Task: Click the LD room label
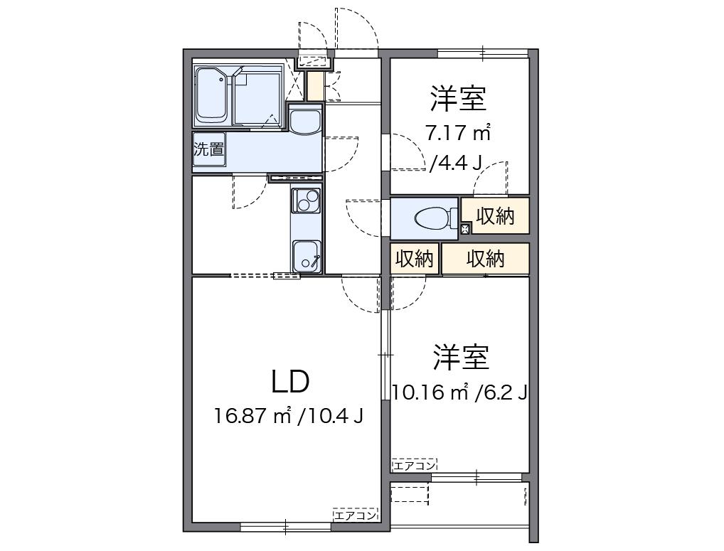tap(290, 382)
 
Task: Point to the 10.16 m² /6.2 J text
tap(459, 392)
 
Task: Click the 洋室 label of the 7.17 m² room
tap(458, 100)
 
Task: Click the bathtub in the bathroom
tap(211, 95)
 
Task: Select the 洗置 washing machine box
tap(209, 150)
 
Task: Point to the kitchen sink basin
tap(307, 254)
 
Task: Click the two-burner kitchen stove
tap(306, 201)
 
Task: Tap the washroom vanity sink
tap(306, 121)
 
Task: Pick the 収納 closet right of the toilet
tap(495, 217)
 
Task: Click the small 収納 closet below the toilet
tap(415, 259)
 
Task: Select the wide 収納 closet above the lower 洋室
tap(485, 259)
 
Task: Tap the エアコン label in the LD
tap(355, 515)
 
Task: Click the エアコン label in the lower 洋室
tap(413, 466)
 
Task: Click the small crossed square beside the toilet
tap(465, 228)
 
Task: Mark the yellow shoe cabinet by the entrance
tap(314, 86)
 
